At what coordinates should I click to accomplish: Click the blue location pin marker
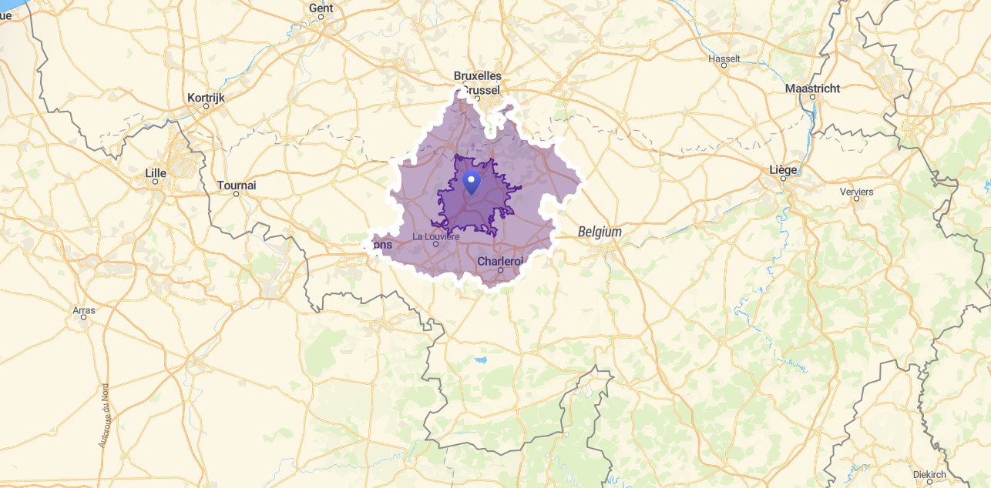click(x=472, y=182)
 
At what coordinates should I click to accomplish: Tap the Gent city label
click(x=321, y=8)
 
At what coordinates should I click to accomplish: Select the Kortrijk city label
click(x=206, y=98)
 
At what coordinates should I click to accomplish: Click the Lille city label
click(x=156, y=173)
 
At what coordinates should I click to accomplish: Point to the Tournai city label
click(x=237, y=186)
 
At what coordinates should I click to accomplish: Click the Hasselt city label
click(x=724, y=58)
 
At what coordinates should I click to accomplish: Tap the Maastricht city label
click(x=812, y=89)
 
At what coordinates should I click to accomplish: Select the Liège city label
click(x=783, y=169)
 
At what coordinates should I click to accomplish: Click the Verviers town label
click(x=856, y=191)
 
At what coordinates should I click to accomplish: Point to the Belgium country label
click(x=600, y=232)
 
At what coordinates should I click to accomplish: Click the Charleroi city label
click(x=500, y=261)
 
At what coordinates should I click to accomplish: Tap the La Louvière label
click(x=436, y=236)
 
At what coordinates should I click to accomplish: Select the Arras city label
click(x=83, y=310)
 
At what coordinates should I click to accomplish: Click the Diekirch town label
click(x=929, y=475)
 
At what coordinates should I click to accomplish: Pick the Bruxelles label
click(x=478, y=76)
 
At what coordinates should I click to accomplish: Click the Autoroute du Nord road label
click(x=103, y=416)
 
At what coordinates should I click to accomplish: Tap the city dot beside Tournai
click(x=237, y=194)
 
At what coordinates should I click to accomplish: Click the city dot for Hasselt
click(x=724, y=66)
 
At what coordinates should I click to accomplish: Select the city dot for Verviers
click(x=856, y=199)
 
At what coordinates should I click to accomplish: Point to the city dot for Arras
click(x=83, y=318)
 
